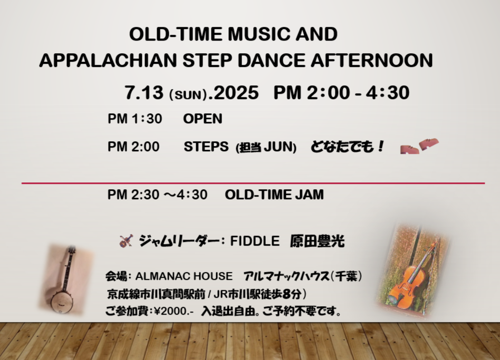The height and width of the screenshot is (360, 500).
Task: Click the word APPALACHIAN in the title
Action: (x=108, y=60)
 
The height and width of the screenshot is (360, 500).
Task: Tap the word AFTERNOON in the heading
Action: (x=371, y=60)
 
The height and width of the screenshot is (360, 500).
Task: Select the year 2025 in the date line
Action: (x=236, y=93)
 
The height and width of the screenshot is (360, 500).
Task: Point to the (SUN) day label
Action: (x=188, y=95)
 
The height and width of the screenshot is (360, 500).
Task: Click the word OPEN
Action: (x=203, y=119)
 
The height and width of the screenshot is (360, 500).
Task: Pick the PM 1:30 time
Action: (x=135, y=119)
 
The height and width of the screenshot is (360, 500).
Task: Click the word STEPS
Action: (x=206, y=147)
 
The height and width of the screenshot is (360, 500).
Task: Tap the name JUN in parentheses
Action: (x=280, y=147)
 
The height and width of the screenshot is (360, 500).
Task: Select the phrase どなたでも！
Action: (x=348, y=147)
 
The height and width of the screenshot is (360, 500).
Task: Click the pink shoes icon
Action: (x=419, y=146)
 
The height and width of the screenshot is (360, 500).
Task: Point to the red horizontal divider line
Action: (x=253, y=183)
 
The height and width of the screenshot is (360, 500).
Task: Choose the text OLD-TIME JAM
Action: (x=274, y=194)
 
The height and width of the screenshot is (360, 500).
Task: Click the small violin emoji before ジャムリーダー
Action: (x=126, y=241)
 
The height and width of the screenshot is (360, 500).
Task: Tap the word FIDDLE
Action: (x=255, y=241)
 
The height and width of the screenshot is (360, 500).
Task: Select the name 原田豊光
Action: (x=318, y=241)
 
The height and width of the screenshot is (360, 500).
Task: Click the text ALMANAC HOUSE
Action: (x=184, y=276)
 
